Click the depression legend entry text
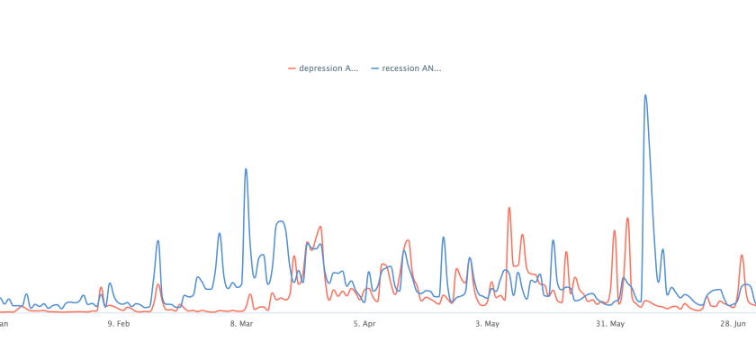pyautogui.click(x=328, y=68)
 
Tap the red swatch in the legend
pyautogui.click(x=292, y=68)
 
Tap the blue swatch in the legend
pyautogui.click(x=374, y=68)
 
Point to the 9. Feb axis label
pyautogui.click(x=118, y=323)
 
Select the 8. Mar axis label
pyautogui.click(x=241, y=323)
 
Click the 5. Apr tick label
pyautogui.click(x=364, y=323)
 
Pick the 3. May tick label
pyautogui.click(x=487, y=323)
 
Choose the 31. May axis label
pyautogui.click(x=610, y=323)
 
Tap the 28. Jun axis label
pyautogui.click(x=734, y=323)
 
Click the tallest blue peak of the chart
pyautogui.click(x=645, y=95)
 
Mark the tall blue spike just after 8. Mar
pyautogui.click(x=246, y=169)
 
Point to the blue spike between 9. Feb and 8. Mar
pyautogui.click(x=157, y=241)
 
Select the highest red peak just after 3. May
pyautogui.click(x=509, y=209)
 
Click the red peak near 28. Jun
pyautogui.click(x=742, y=256)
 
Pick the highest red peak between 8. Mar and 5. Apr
pyautogui.click(x=320, y=227)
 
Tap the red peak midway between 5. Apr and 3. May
pyautogui.click(x=408, y=241)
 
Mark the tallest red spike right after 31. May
pyautogui.click(x=627, y=218)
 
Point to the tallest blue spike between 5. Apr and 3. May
pyautogui.click(x=443, y=238)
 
